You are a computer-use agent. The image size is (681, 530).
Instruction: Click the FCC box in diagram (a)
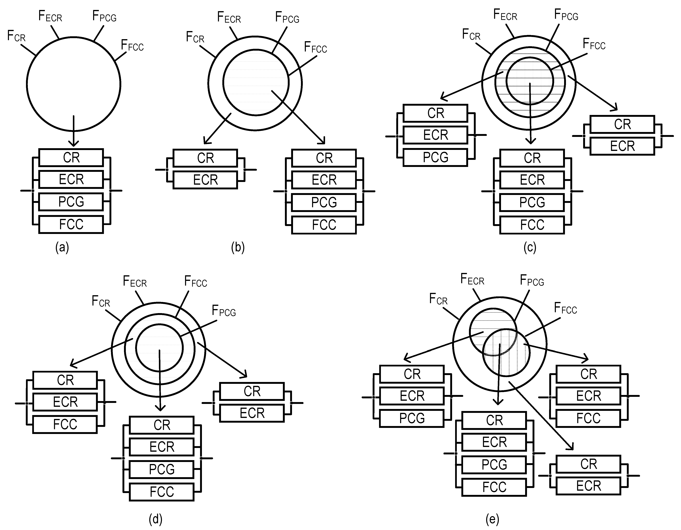pyautogui.click(x=71, y=224)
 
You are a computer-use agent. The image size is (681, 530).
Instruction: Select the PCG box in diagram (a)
pyautogui.click(x=71, y=202)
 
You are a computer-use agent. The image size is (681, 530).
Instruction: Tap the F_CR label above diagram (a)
pyautogui.click(x=16, y=36)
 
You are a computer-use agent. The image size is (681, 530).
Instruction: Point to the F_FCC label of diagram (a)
pyautogui.click(x=132, y=46)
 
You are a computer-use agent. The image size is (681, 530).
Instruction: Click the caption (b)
pyautogui.click(x=238, y=247)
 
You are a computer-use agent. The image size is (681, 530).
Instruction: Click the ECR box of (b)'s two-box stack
pyautogui.click(x=205, y=180)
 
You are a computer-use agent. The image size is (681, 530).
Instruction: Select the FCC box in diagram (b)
pyautogui.click(x=324, y=225)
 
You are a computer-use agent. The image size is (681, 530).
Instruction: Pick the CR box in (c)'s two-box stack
pyautogui.click(x=622, y=124)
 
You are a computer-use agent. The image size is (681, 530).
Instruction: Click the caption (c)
pyautogui.click(x=530, y=247)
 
